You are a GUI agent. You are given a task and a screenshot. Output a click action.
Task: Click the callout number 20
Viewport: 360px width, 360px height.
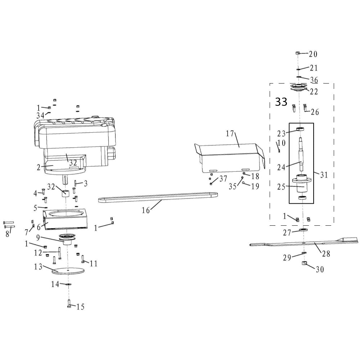(x=313, y=54)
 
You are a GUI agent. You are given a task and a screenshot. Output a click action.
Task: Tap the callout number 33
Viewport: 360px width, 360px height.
(x=281, y=102)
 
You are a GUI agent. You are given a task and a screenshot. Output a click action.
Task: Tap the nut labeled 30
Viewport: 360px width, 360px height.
(x=304, y=265)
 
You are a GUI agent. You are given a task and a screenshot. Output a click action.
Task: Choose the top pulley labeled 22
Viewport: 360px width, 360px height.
(x=298, y=87)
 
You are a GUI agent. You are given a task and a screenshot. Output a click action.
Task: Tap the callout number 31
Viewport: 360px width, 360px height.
(x=324, y=175)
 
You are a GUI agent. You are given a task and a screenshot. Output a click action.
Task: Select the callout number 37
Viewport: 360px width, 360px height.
(x=223, y=179)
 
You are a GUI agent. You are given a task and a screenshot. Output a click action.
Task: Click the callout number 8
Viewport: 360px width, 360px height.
(x=7, y=233)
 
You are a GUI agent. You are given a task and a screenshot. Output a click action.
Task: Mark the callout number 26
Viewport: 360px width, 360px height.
(x=315, y=112)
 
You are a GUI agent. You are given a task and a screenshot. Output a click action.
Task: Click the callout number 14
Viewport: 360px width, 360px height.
(x=55, y=284)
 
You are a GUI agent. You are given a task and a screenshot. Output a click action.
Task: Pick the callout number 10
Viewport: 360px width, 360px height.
(x=282, y=143)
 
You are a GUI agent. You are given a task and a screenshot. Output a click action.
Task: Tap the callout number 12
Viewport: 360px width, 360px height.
(x=38, y=253)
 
